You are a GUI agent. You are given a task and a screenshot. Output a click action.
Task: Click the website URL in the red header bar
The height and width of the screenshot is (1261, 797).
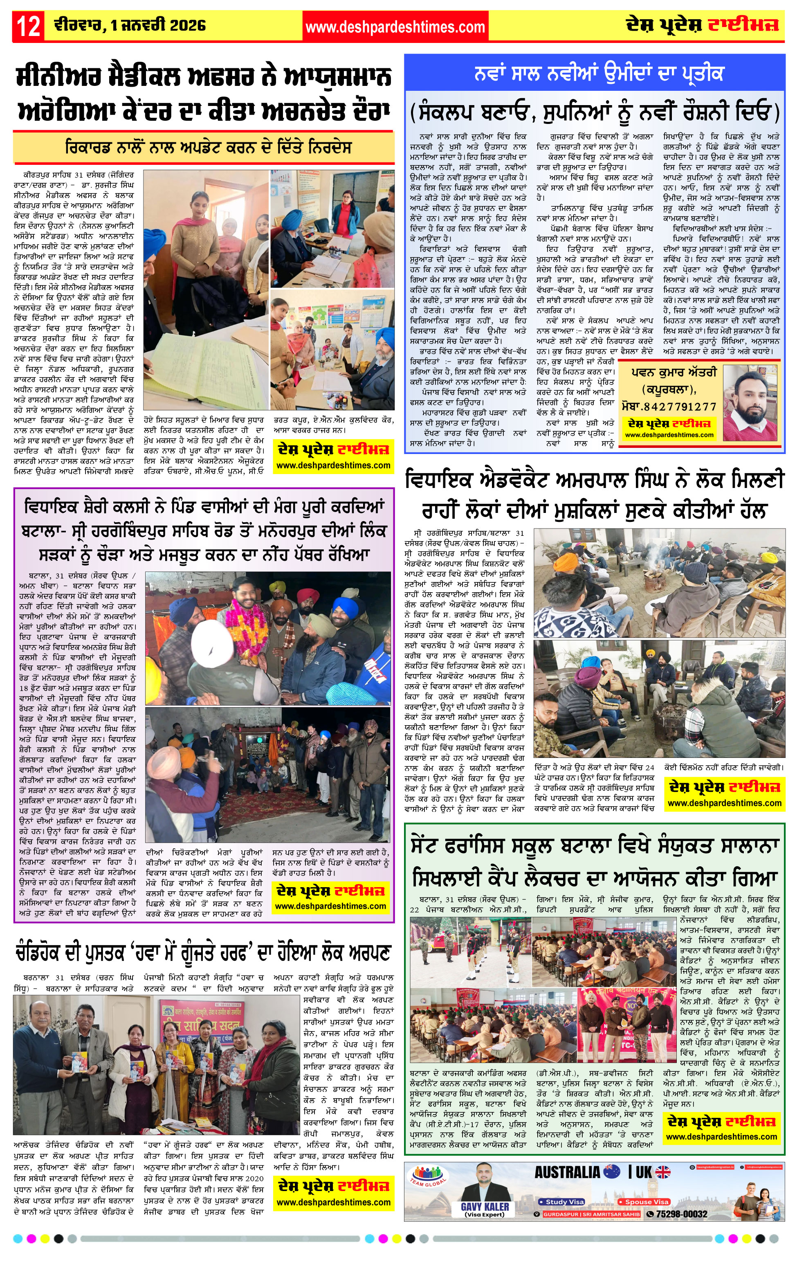tap(395, 27)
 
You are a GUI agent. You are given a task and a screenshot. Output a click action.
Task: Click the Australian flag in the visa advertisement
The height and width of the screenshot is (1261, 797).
tap(612, 1172)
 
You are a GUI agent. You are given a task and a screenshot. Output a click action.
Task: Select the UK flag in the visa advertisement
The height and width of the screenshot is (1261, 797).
tap(662, 1172)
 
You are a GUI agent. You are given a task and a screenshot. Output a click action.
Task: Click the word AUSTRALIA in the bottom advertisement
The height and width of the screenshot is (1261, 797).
tap(567, 1172)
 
